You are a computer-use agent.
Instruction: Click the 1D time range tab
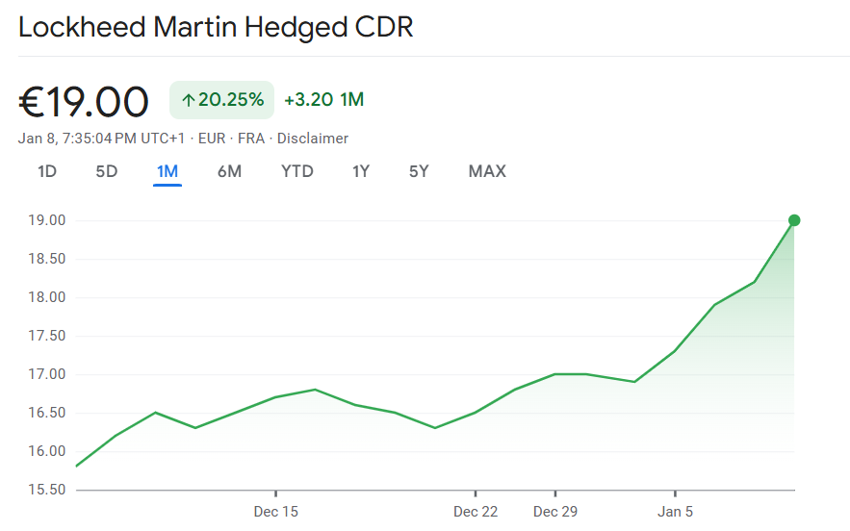(x=47, y=172)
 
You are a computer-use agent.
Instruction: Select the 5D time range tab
(x=106, y=172)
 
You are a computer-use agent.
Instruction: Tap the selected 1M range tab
(x=167, y=172)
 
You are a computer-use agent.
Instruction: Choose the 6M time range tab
(x=229, y=172)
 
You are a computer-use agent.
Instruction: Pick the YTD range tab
(x=297, y=172)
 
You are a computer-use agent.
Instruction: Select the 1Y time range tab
(x=361, y=172)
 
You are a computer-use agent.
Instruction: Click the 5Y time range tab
(x=419, y=172)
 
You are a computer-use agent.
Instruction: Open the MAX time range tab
(x=487, y=172)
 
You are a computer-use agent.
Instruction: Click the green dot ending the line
(x=794, y=220)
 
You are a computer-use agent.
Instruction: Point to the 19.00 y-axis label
(x=45, y=220)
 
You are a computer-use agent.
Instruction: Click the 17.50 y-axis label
(x=45, y=336)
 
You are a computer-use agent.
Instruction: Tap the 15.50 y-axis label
(x=45, y=490)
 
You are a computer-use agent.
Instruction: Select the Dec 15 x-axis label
(x=275, y=512)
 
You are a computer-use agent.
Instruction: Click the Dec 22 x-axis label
(x=476, y=512)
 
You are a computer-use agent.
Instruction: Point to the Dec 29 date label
(x=555, y=512)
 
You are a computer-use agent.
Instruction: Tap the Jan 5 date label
(x=675, y=512)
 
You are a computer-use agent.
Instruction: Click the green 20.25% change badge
(x=222, y=100)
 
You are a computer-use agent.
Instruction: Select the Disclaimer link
(x=313, y=139)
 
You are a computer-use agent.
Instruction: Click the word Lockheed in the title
(x=82, y=27)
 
